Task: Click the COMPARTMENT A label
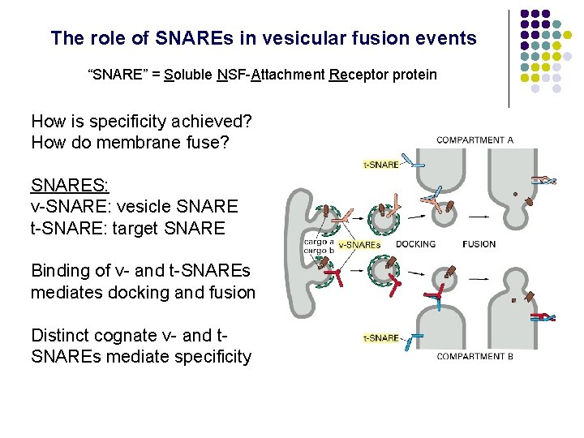474,140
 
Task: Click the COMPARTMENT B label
474,356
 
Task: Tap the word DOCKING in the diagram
415,243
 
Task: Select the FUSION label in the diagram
479,243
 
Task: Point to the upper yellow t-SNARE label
381,165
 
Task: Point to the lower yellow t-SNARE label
381,337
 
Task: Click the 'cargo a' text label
319,241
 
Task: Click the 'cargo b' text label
319,250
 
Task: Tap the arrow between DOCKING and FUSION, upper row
478,216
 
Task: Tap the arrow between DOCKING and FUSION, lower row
478,278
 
